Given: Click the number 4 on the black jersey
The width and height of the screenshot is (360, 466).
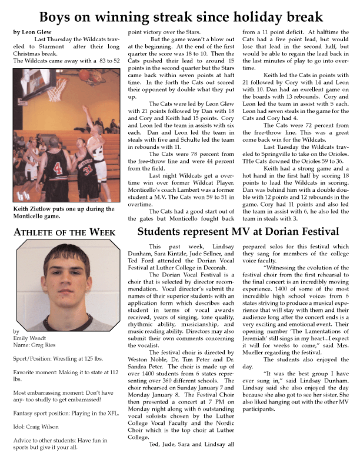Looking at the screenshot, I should tap(58, 169).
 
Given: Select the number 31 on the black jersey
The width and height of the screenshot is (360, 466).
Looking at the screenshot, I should tap(88, 171).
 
